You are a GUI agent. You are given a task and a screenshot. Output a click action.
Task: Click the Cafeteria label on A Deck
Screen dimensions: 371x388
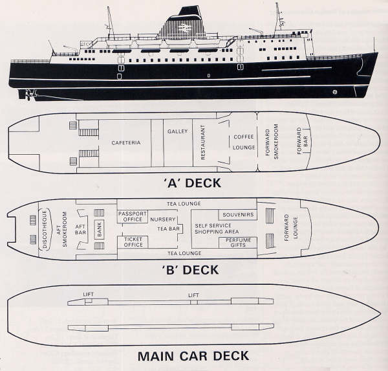tap(125, 142)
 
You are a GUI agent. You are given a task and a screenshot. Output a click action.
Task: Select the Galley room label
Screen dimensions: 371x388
tap(177, 131)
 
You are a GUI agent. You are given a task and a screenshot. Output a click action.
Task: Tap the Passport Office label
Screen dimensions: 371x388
tap(133, 216)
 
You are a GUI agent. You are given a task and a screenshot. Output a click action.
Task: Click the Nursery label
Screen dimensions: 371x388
tap(162, 219)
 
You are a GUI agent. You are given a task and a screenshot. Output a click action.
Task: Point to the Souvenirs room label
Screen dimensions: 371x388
tap(237, 214)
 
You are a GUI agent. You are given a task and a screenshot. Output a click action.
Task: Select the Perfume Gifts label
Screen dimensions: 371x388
tap(238, 243)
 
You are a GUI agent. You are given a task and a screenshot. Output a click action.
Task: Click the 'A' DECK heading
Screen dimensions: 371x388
tap(193, 183)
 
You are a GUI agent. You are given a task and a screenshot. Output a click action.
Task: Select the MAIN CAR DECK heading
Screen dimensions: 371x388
tap(193, 355)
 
